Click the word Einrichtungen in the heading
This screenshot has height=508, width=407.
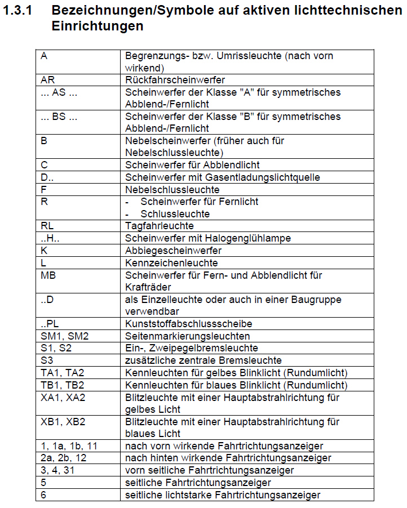tap(97, 26)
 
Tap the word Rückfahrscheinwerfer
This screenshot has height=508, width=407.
tap(175, 80)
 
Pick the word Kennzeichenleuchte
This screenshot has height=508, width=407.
tap(171, 262)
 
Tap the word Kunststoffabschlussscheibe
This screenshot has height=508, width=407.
tap(188, 324)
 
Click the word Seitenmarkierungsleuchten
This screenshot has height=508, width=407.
tap(188, 336)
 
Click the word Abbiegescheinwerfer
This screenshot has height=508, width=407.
tap(173, 251)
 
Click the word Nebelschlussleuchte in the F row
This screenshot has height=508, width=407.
tap(172, 189)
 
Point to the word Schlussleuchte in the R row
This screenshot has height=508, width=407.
tap(175, 214)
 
